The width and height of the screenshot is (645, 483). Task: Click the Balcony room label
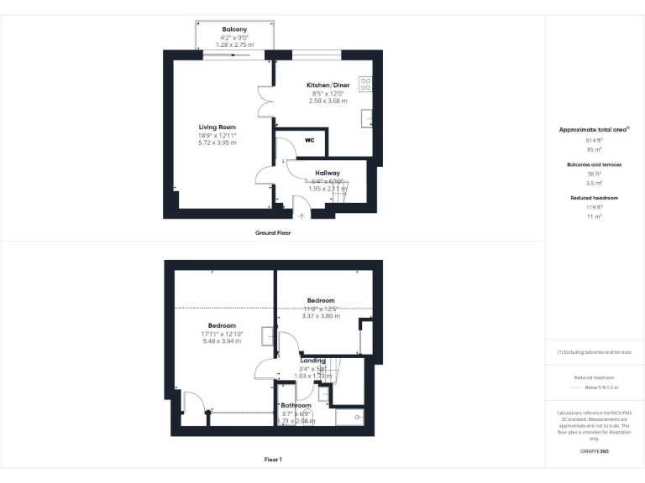pyautogui.click(x=234, y=29)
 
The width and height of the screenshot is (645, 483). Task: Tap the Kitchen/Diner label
pyautogui.click(x=328, y=86)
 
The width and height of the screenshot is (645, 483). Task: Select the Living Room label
pyautogui.click(x=217, y=127)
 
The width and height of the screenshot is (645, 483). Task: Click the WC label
pyautogui.click(x=309, y=140)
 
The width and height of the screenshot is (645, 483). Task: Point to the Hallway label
pyautogui.click(x=328, y=172)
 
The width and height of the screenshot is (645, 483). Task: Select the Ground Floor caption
pyautogui.click(x=273, y=232)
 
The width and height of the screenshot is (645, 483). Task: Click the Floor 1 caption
pyautogui.click(x=273, y=460)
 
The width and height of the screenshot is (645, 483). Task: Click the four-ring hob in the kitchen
pyautogui.click(x=366, y=84)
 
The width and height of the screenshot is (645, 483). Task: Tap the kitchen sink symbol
pyautogui.click(x=367, y=117)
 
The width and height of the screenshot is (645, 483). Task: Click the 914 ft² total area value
pyautogui.click(x=595, y=140)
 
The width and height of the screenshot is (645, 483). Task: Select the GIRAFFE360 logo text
pyautogui.click(x=595, y=452)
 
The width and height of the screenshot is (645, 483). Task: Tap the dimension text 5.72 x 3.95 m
pyautogui.click(x=217, y=143)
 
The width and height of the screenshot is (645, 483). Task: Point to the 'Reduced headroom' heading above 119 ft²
pyautogui.click(x=595, y=198)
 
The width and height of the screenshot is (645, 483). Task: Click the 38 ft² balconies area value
pyautogui.click(x=595, y=173)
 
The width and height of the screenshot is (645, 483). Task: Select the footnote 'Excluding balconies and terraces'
pyautogui.click(x=595, y=352)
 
